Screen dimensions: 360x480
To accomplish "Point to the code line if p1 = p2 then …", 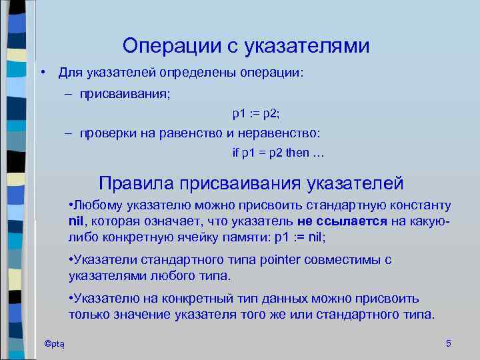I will [x=278, y=153].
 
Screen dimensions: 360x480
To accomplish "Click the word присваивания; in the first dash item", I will [x=125, y=95].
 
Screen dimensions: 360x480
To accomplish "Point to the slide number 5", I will [x=448, y=343].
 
